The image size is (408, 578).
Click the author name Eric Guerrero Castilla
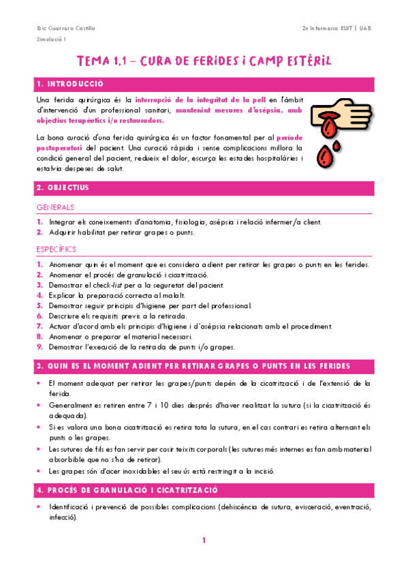pos(65,29)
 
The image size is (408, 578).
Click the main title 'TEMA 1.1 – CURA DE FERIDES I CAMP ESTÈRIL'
pos(204,61)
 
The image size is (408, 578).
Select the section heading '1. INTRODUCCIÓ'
pos(71,84)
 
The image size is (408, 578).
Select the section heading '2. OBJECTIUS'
pos(63,187)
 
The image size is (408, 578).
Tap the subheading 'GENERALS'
pos(55,207)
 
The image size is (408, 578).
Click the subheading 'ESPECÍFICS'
pos(57,249)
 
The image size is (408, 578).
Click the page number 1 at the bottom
pos(204,541)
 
